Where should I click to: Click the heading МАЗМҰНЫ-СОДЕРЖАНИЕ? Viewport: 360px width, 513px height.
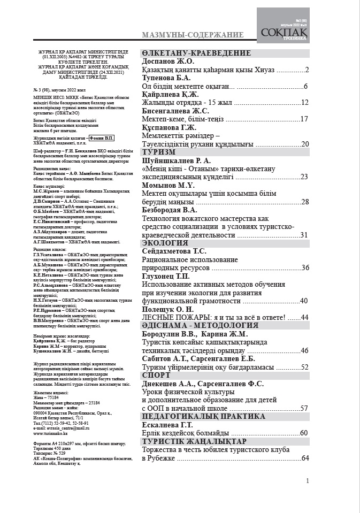193,35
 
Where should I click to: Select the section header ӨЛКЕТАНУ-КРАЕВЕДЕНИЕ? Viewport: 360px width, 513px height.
196,53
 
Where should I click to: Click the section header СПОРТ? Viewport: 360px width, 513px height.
157,375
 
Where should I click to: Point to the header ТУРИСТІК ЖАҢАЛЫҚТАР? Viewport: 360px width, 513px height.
194,441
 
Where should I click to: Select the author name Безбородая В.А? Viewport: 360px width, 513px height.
173,210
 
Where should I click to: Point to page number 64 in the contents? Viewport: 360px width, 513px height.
305,458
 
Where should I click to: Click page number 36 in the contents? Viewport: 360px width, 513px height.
305,268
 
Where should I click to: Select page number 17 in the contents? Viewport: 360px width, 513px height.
305,119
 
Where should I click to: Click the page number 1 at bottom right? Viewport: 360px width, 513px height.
308,481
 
